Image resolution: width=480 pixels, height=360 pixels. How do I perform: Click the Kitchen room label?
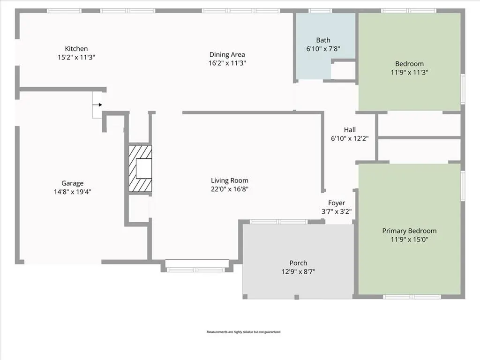click(76, 49)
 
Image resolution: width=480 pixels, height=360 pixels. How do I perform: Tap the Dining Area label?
click(227, 54)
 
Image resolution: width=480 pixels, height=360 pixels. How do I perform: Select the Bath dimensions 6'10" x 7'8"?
click(323, 49)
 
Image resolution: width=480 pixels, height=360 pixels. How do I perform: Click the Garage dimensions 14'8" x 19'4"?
click(73, 192)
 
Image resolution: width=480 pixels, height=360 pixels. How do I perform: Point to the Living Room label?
click(230, 180)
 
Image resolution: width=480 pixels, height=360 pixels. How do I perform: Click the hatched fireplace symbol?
click(140, 168)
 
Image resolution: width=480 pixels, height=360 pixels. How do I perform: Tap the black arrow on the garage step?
click(98, 105)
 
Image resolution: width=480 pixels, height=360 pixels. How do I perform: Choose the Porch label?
click(299, 263)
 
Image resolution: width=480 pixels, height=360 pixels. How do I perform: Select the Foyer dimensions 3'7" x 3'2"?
click(337, 211)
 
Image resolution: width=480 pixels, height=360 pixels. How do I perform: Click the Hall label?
click(350, 130)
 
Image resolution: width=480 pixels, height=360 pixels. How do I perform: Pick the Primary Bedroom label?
click(409, 231)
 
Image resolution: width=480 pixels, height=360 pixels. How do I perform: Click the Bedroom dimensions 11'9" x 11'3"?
click(409, 73)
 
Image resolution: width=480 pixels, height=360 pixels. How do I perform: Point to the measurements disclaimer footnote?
click(243, 332)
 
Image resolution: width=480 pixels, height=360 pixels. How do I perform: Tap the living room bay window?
click(197, 266)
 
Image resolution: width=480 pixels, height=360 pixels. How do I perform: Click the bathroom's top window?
click(320, 11)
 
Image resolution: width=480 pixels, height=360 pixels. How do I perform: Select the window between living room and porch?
click(278, 222)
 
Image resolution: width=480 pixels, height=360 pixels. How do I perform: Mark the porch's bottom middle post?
click(297, 297)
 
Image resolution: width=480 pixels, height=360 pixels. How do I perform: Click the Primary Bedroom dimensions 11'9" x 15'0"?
click(409, 240)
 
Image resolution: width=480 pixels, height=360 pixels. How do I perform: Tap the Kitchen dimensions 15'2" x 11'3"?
click(76, 57)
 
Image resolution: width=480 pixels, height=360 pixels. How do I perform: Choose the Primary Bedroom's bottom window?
click(412, 297)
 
